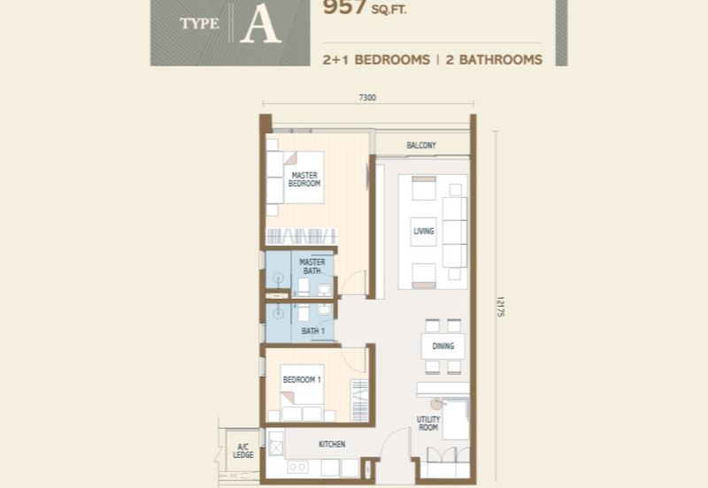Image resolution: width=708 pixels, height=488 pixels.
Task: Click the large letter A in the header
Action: [261, 26]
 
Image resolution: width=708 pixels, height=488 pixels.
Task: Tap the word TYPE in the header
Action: [199, 24]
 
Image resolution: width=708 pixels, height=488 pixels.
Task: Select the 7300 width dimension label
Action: [367, 97]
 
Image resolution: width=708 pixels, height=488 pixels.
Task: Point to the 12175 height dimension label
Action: [500, 307]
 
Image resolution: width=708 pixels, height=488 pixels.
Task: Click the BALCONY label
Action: [421, 145]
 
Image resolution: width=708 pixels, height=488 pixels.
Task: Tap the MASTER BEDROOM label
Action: [304, 179]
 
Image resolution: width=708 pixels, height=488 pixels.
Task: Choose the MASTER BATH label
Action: [312, 266]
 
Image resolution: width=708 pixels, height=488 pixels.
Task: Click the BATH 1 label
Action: [313, 331]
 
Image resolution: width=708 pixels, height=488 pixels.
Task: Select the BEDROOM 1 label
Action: [302, 380]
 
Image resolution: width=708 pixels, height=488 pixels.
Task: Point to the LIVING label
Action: [424, 231]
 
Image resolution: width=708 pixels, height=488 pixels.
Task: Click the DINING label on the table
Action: [443, 346]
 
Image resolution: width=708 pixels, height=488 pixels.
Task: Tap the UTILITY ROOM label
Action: [428, 423]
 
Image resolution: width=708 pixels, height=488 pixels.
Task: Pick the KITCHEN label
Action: [332, 445]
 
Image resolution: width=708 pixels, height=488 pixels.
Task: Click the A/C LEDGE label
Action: [242, 451]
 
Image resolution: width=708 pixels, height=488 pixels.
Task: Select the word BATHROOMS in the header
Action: [494, 59]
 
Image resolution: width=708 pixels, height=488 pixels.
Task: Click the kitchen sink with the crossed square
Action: [275, 448]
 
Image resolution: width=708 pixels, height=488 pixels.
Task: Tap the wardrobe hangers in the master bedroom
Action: [301, 236]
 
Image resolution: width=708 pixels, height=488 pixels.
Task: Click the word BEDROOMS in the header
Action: [392, 59]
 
